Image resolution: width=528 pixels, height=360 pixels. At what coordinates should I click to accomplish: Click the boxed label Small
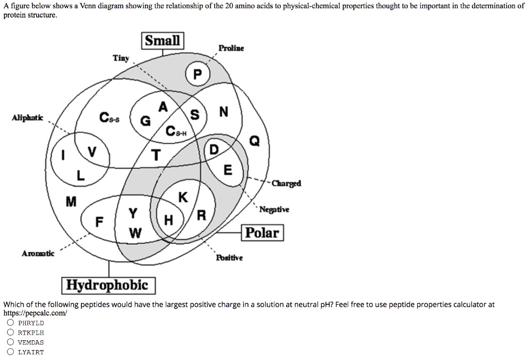pyautogui.click(x=162, y=41)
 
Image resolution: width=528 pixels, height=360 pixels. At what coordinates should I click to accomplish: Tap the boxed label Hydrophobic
pyautogui.click(x=108, y=285)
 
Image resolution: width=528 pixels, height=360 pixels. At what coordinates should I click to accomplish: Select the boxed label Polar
pyautogui.click(x=262, y=233)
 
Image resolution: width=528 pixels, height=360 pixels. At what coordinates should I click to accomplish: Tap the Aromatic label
pyautogui.click(x=38, y=253)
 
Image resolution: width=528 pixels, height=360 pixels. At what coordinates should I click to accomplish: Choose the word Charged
pyautogui.click(x=286, y=183)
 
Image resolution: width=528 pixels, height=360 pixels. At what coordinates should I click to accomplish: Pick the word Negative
pyautogui.click(x=274, y=209)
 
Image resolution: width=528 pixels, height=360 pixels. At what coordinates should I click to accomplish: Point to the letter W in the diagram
pyautogui.click(x=135, y=233)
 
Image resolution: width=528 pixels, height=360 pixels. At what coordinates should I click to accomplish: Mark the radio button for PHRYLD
pyautogui.click(x=10, y=323)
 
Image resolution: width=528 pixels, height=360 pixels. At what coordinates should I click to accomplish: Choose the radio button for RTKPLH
pyautogui.click(x=10, y=333)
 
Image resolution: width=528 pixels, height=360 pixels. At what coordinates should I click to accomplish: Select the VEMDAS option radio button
pyautogui.click(x=10, y=342)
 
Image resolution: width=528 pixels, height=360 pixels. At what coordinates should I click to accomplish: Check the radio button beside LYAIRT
pyautogui.click(x=10, y=352)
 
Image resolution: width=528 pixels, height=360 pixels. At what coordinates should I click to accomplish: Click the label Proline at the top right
pyautogui.click(x=231, y=48)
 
